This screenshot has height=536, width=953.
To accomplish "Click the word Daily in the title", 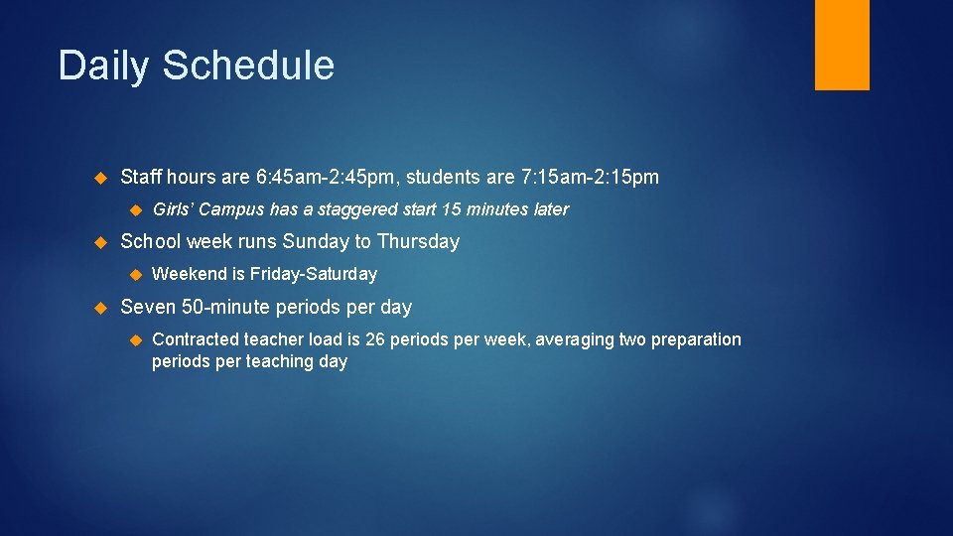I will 104,67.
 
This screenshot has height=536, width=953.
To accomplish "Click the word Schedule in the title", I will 248,66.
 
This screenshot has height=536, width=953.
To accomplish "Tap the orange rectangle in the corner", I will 842,45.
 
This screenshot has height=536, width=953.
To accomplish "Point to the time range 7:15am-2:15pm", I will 590,178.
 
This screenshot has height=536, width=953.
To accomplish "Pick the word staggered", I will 355,209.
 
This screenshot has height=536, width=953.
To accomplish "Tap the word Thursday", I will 418,241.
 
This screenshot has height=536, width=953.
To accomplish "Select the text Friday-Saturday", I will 314,274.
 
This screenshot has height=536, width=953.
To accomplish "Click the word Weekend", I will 189,274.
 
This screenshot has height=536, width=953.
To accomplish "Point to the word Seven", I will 148,307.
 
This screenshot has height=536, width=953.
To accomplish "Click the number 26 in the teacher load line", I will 375,339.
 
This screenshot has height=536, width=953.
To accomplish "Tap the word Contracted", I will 196,339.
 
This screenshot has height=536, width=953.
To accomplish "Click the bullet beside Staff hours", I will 99,179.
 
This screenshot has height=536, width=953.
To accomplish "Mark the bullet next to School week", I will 99,242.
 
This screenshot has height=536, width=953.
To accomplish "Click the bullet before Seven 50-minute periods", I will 99,308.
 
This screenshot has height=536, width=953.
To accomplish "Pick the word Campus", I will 230,209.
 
